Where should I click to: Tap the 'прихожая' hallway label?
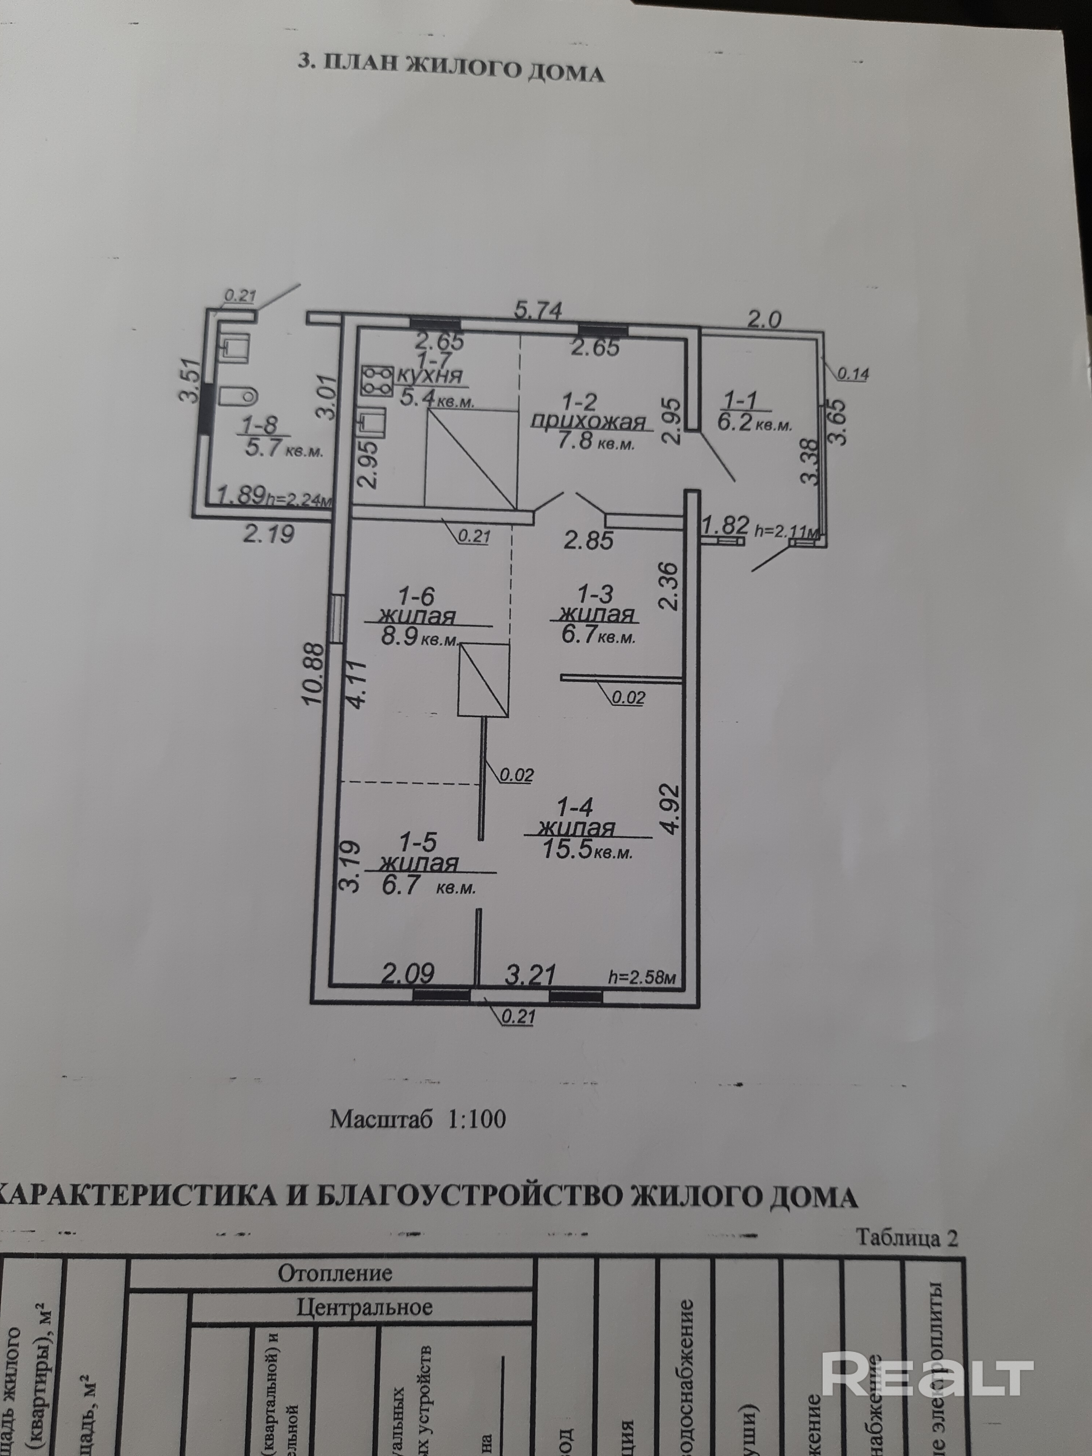tap(588, 421)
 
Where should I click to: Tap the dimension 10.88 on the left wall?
tap(314, 673)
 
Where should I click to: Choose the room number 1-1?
tap(740, 400)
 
